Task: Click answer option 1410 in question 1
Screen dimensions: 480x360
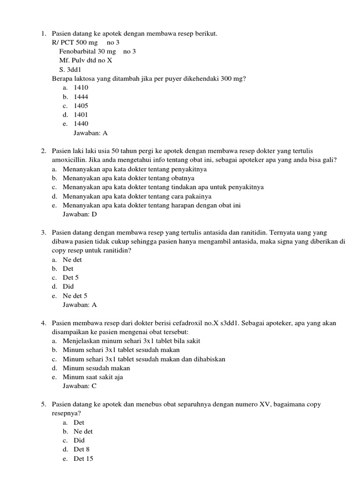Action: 81,88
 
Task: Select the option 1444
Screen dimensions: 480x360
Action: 81,97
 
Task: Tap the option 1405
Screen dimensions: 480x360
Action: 81,106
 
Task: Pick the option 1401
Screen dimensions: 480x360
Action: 81,115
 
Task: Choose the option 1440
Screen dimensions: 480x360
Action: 81,124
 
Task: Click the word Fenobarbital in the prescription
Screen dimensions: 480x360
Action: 77,52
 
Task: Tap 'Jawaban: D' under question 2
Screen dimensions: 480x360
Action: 80,214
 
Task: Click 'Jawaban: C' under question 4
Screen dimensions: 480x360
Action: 80,386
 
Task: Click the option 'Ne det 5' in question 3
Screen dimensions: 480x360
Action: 75,296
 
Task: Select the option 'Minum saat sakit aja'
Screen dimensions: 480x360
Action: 93,377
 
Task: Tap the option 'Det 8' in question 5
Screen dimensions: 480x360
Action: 81,450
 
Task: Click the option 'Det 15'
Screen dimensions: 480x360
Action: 83,459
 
